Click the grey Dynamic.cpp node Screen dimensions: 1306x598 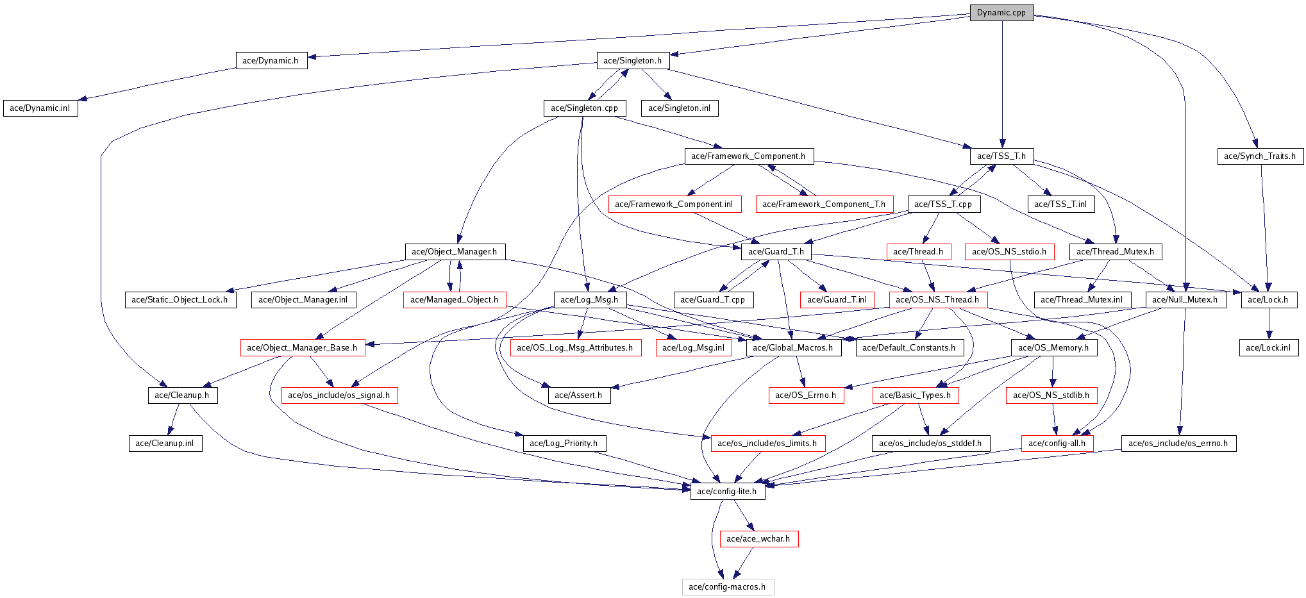[x=1001, y=12]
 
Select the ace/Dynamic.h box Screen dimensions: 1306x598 [x=271, y=60]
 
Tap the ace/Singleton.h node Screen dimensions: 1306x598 [x=633, y=60]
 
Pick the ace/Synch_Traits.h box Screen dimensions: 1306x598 [x=1260, y=156]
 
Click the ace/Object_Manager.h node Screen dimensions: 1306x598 [x=455, y=251]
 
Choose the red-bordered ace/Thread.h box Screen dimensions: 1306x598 [x=918, y=251]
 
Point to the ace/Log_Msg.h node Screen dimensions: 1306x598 [x=589, y=299]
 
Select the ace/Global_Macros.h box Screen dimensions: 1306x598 [x=793, y=347]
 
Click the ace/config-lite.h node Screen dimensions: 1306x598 [x=727, y=492]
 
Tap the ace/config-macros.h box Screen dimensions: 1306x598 [x=728, y=587]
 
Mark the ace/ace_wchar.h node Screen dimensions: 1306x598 [x=758, y=539]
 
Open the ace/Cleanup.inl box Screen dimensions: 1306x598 [x=165, y=444]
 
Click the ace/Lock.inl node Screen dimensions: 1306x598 [x=1269, y=347]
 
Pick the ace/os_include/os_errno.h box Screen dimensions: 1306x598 [x=1178, y=444]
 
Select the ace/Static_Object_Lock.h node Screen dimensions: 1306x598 [x=180, y=299]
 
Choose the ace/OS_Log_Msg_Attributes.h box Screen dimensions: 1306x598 [x=575, y=347]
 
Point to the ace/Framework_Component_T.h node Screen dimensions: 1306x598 [x=825, y=204]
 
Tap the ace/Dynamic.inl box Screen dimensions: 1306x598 [x=40, y=108]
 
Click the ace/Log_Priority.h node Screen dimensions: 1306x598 [x=564, y=444]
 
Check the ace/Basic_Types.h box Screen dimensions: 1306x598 [x=916, y=395]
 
